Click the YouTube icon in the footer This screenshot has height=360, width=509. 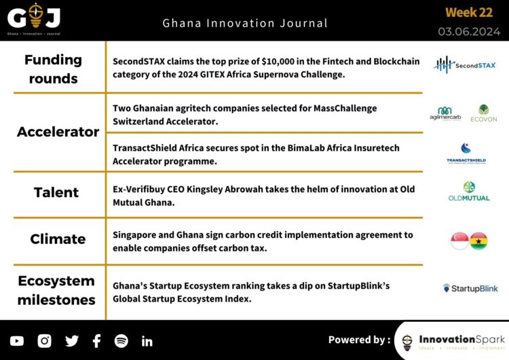(x=17, y=341)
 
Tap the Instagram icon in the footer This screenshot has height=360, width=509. (x=45, y=341)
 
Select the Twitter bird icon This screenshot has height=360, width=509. (x=71, y=341)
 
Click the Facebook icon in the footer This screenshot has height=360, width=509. (x=96, y=341)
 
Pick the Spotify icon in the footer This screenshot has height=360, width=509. (x=121, y=341)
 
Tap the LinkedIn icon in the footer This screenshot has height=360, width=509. (x=147, y=341)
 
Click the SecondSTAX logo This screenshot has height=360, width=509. (x=465, y=65)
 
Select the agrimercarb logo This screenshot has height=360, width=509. (x=445, y=113)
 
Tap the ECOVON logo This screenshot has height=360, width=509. (x=484, y=113)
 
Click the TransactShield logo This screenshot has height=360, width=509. (x=466, y=154)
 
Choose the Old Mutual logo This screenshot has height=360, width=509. (x=468, y=192)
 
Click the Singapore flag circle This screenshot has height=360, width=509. (x=459, y=240)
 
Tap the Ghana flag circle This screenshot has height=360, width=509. (x=479, y=240)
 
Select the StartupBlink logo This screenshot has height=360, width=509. (x=470, y=288)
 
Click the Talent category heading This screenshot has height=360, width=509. (x=57, y=192)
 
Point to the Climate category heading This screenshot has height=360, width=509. (x=58, y=239)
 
